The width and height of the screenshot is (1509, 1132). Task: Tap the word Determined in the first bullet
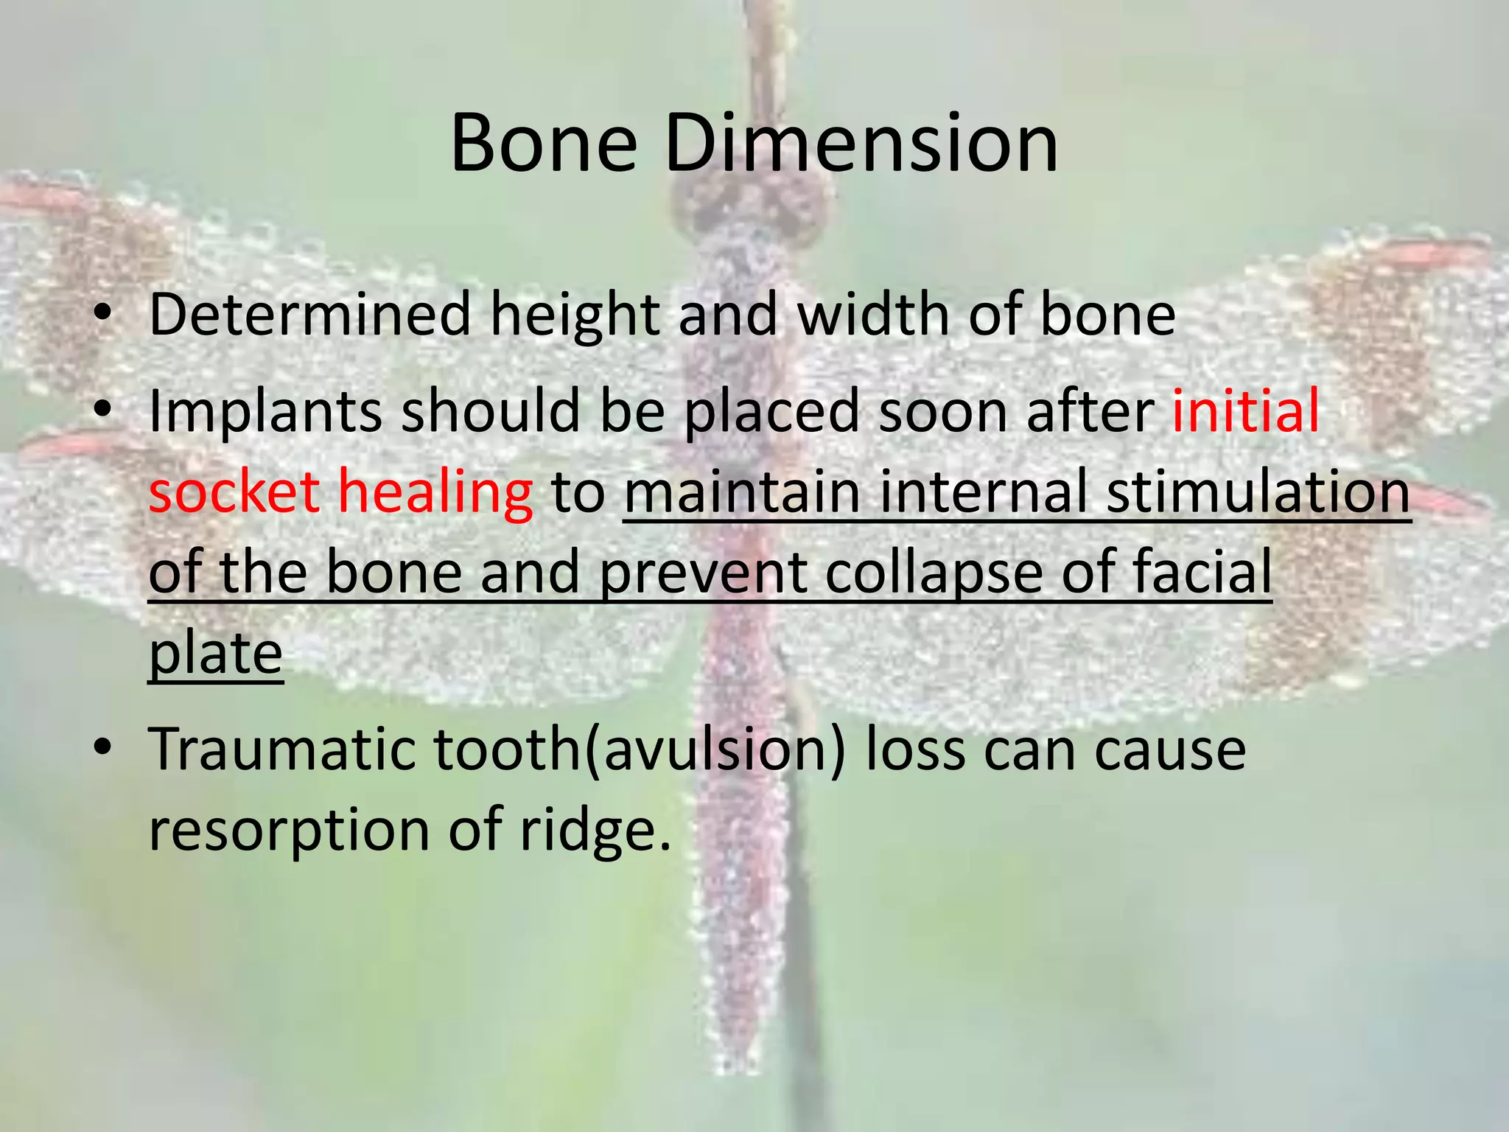(309, 315)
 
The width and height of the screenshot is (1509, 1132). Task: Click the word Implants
(265, 412)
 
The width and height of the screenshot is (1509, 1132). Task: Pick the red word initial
(1245, 410)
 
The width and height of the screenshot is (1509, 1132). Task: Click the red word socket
(234, 492)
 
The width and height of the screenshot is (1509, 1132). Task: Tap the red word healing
(435, 493)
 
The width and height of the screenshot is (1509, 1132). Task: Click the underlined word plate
(215, 654)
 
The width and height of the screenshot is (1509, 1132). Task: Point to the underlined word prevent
(704, 574)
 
